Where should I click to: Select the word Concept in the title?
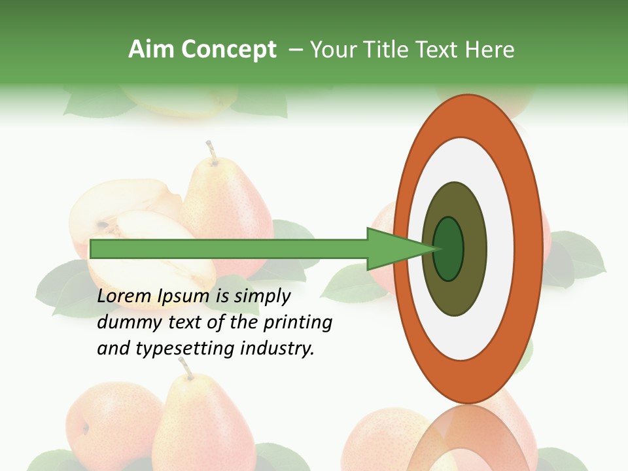(x=228, y=50)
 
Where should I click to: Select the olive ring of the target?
(x=454, y=294)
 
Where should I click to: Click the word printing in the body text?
(x=298, y=323)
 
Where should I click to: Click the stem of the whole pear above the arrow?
(x=211, y=150)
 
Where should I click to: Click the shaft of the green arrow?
(x=229, y=249)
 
